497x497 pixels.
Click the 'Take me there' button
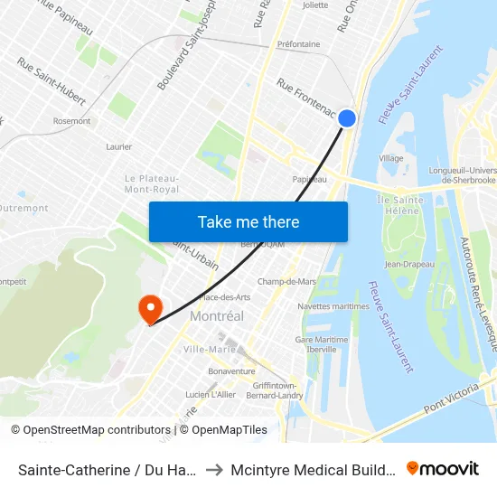click(x=248, y=221)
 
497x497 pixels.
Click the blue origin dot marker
click(x=347, y=117)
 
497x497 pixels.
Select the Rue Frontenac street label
click(x=306, y=99)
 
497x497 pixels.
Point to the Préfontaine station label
click(x=298, y=43)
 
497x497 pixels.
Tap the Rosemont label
click(x=71, y=121)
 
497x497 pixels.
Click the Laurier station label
click(x=118, y=146)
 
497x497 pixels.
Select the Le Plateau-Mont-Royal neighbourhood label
click(x=151, y=183)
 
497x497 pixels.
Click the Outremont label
click(x=24, y=208)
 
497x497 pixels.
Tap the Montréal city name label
click(x=217, y=316)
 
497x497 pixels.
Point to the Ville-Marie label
click(x=210, y=349)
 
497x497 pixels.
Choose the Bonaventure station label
click(x=231, y=370)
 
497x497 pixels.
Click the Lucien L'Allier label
click(x=210, y=395)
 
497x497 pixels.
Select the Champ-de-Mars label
click(x=286, y=281)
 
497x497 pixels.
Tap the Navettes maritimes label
click(x=333, y=306)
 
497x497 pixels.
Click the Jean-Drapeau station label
click(x=409, y=264)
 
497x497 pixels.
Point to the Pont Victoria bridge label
click(x=456, y=400)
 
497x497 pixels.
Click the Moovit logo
click(x=443, y=468)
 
